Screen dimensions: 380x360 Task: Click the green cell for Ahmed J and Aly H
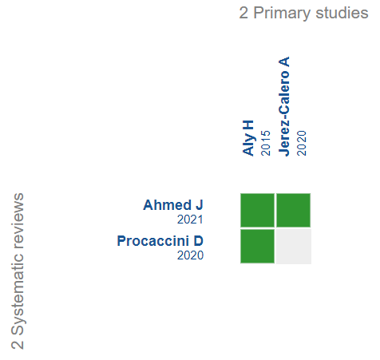(257, 210)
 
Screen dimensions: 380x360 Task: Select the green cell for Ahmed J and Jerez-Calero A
(294, 210)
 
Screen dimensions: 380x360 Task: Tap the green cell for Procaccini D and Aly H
(257, 247)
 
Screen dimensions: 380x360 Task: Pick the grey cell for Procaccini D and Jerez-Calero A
(294, 247)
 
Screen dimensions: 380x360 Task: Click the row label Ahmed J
(173, 205)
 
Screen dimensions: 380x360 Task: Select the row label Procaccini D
(160, 241)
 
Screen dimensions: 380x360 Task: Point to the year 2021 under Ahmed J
(190, 220)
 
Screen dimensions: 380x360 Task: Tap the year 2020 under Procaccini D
(190, 255)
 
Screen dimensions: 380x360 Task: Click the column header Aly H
(248, 138)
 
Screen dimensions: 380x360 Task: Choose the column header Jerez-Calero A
(284, 106)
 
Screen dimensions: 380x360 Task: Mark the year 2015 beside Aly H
(266, 143)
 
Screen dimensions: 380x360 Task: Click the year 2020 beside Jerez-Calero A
(302, 143)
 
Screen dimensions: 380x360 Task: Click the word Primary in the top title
(282, 14)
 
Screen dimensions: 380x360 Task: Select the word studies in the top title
(342, 13)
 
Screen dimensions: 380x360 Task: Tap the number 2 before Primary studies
(243, 13)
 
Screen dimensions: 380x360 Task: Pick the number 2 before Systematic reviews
(18, 345)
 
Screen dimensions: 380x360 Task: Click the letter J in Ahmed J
(200, 205)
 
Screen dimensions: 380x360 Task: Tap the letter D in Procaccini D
(198, 241)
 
